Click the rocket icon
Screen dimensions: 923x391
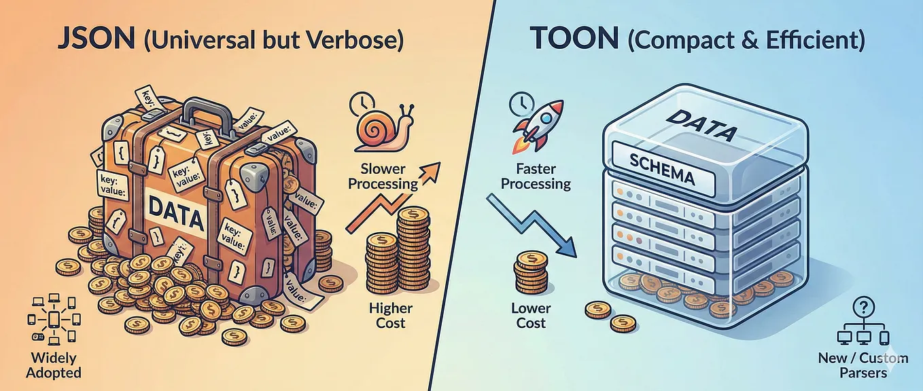pos(538,126)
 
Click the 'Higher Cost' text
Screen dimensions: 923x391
pos(391,315)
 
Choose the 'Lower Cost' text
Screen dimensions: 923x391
pos(531,315)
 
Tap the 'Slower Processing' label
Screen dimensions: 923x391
pos(383,176)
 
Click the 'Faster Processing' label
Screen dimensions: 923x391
pos(536,176)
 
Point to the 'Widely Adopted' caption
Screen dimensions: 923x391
pos(54,365)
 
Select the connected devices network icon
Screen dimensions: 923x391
pos(54,320)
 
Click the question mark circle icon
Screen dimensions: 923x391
pos(864,307)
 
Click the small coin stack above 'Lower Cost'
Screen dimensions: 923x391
pos(531,272)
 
